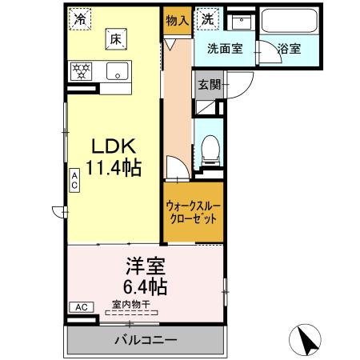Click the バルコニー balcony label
(145, 341)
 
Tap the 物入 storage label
(177, 19)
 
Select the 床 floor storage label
(115, 38)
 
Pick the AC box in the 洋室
(81, 306)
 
